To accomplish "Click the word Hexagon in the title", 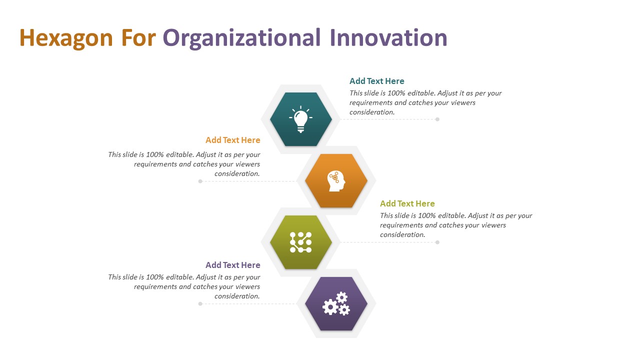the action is pos(66,38).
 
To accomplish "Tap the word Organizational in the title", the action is pos(241,38).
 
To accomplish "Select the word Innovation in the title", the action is pos(388,37).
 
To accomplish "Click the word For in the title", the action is pos(138,37).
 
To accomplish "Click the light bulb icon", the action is pos(300,119).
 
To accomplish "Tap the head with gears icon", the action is pos(336,181).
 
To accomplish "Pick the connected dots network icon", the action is pos(300,242).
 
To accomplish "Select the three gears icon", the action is pos(336,303).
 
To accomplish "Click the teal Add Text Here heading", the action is pos(377,81).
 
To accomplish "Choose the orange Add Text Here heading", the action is pos(233,140).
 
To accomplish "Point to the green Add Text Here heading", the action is pos(407,203).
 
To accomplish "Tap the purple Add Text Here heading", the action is pos(233,265).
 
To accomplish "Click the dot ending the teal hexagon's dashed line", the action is pos(437,119).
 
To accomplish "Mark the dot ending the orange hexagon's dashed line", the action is pos(200,181).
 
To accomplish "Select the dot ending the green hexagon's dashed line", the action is pos(437,242).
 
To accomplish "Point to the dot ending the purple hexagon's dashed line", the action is pos(200,303).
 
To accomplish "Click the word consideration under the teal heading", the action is pos(372,112).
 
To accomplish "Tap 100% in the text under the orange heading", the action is pos(155,154).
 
